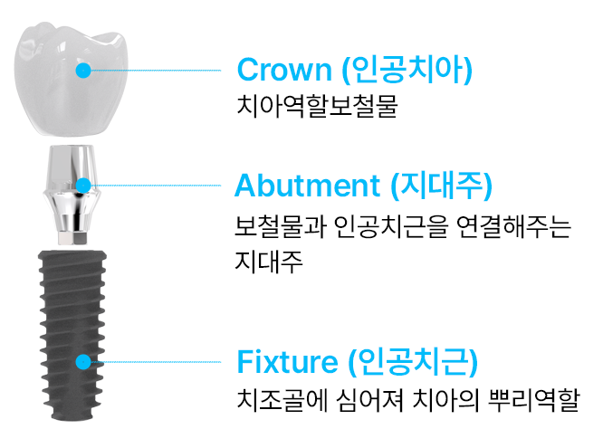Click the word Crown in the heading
[284, 70]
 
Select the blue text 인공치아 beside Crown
[407, 70]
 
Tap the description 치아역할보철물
[317, 106]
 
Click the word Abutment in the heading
[307, 186]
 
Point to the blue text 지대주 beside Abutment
[441, 186]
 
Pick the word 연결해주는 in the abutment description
[514, 226]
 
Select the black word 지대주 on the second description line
[268, 262]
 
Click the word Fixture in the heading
[287, 361]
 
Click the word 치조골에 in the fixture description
[282, 400]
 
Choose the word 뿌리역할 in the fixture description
[533, 400]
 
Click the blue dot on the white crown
[83, 71]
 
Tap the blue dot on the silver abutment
[83, 186]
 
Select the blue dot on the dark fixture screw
[83, 362]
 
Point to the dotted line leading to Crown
[156, 71]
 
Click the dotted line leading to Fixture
[156, 362]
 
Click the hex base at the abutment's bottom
[73, 237]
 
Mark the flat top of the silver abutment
[72, 148]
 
